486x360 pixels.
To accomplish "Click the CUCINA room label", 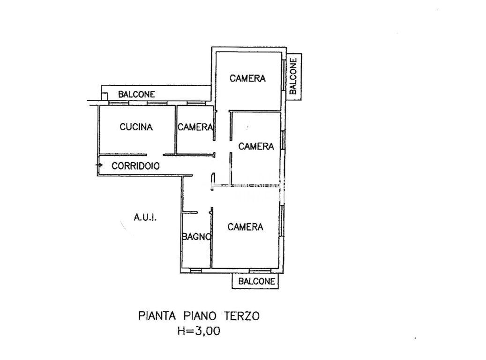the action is pyautogui.click(x=136, y=127).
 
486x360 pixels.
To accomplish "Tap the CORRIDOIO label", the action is pyautogui.click(x=135, y=166).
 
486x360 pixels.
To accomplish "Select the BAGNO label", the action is pyautogui.click(x=196, y=237).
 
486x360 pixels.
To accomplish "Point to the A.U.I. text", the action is pyautogui.click(x=145, y=217).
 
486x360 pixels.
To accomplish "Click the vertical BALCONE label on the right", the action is pyautogui.click(x=293, y=76).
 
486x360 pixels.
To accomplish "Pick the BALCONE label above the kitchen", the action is pyautogui.click(x=136, y=94).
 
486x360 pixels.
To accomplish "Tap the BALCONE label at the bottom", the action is pyautogui.click(x=257, y=281).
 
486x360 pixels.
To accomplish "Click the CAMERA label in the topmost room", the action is pyautogui.click(x=247, y=78).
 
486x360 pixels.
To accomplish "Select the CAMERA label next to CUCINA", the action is pyautogui.click(x=195, y=127).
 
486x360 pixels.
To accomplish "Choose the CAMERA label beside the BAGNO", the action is pyautogui.click(x=246, y=227).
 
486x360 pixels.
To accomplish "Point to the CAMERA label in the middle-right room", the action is pyautogui.click(x=256, y=146).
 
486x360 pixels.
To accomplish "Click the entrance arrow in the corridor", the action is pyautogui.click(x=99, y=165).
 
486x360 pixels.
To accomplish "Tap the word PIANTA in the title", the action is pyautogui.click(x=157, y=316).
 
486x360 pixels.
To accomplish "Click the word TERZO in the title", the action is pyautogui.click(x=241, y=316).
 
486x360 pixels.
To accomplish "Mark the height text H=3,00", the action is pyautogui.click(x=199, y=331).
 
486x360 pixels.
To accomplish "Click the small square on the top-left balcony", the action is pyautogui.click(x=105, y=97).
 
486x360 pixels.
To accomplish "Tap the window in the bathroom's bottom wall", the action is pyautogui.click(x=196, y=270).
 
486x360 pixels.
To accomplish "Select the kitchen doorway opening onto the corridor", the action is pyautogui.click(x=155, y=155).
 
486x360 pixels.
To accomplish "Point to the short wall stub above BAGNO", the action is pyautogui.click(x=190, y=212).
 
